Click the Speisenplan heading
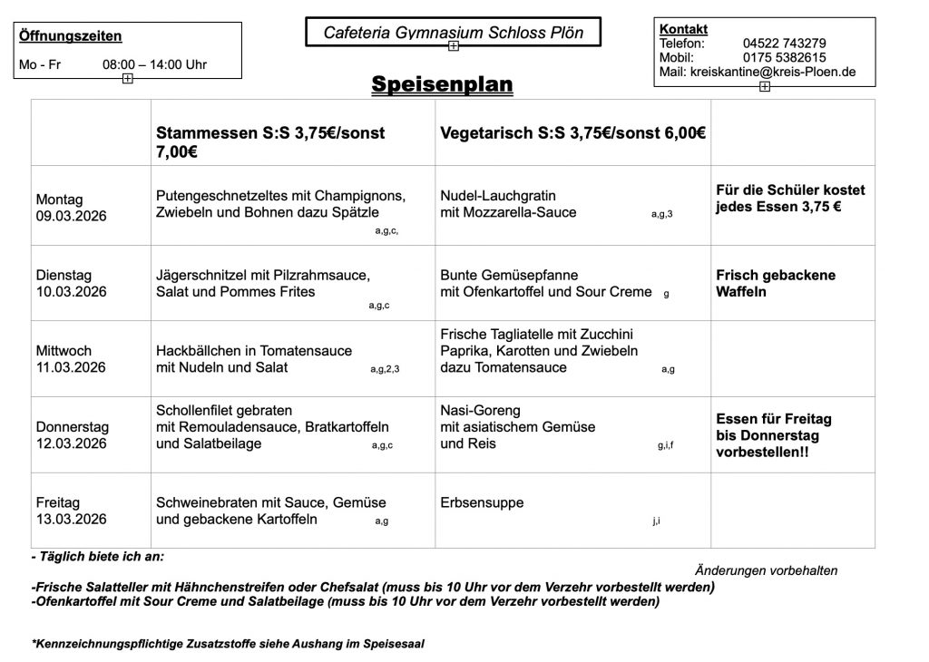click(442, 84)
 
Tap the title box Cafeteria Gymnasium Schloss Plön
click(453, 34)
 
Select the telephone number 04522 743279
click(784, 43)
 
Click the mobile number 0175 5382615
click(784, 57)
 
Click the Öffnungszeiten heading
click(71, 36)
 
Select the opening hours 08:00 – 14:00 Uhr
click(154, 64)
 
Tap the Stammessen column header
click(270, 141)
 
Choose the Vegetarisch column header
click(572, 132)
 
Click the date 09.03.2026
click(71, 216)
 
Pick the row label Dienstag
click(64, 275)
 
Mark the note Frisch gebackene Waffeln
click(776, 283)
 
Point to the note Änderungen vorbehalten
click(766, 570)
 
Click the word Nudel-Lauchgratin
click(497, 196)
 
